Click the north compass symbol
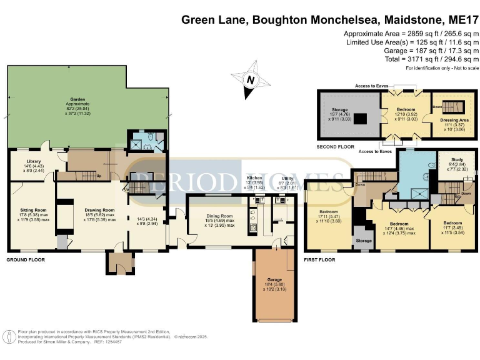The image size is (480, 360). point(251,81)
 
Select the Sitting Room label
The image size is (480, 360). point(27,214)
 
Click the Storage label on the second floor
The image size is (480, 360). point(339,109)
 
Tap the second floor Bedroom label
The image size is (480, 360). point(406,109)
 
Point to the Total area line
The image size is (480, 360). point(431,59)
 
